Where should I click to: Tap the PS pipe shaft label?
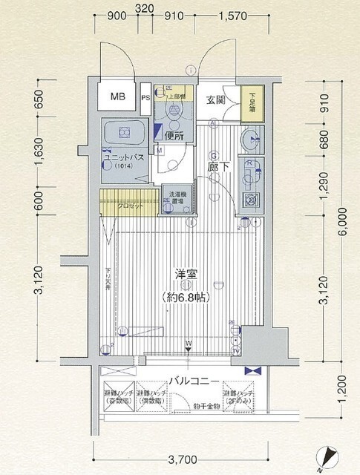pyautogui.click(x=145, y=97)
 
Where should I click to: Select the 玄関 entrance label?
pyautogui.click(x=215, y=100)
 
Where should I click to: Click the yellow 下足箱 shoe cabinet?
pyautogui.click(x=252, y=102)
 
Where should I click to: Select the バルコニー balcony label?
pyautogui.click(x=192, y=381)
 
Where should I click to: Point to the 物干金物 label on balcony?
pyautogui.click(x=207, y=406)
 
